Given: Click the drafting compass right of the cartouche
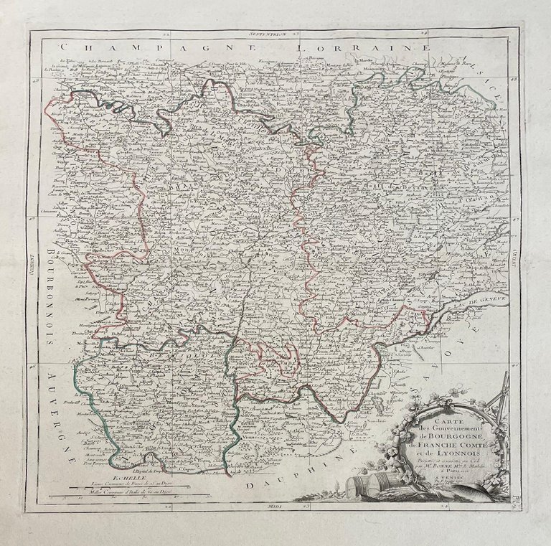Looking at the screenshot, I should pyautogui.click(x=501, y=402).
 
